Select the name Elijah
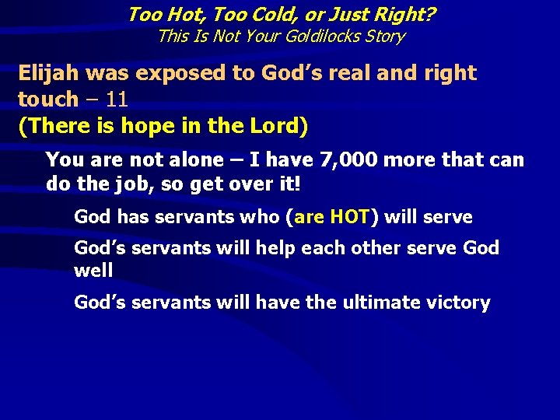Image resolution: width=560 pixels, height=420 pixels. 49,73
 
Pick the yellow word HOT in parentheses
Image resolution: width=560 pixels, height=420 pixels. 348,217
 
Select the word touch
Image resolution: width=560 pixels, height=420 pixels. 47,99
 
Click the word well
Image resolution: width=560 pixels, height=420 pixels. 93,271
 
